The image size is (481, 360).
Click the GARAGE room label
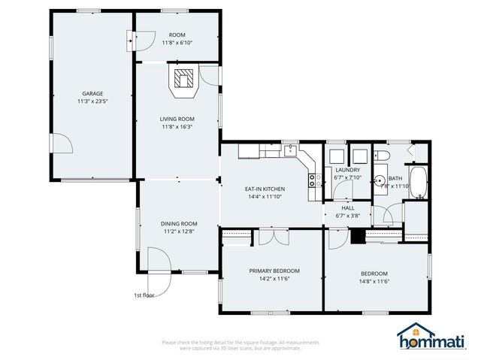92,93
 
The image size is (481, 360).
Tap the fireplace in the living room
184,79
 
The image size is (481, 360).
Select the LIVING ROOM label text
177,119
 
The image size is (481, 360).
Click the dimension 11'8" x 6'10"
177,43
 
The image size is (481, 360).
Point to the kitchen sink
290,150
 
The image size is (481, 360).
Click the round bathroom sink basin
380,181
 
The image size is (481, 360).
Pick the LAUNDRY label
348,170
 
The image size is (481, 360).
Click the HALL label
348,207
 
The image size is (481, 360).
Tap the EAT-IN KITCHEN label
264,189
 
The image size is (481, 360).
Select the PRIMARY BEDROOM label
274,271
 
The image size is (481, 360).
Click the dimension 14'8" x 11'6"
374,282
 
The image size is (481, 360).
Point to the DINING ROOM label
179,223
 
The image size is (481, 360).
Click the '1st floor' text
144,295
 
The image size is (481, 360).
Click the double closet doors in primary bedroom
271,237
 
